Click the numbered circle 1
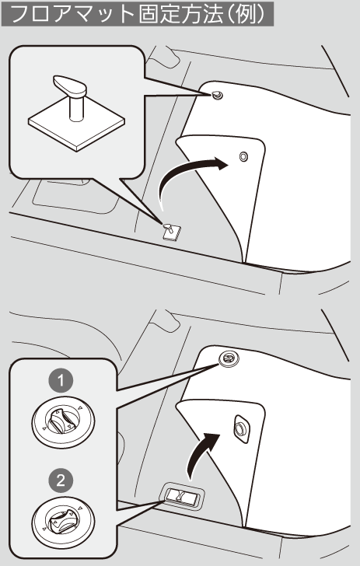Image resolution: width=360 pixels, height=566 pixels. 61,380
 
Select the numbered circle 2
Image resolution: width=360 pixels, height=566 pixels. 61,480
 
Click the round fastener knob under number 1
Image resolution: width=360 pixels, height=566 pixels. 63,422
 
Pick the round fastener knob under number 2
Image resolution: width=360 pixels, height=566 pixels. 63,522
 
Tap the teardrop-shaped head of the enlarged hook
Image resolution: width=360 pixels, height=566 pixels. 71,86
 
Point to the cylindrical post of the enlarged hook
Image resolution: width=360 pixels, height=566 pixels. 76,107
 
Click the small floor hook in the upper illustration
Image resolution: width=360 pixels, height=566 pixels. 171,232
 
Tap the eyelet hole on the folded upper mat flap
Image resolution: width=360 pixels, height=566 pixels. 243,156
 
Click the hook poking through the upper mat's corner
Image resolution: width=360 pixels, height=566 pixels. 217,96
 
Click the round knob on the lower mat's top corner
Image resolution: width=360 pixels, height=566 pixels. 229,358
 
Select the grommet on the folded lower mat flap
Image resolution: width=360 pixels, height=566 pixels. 240,429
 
